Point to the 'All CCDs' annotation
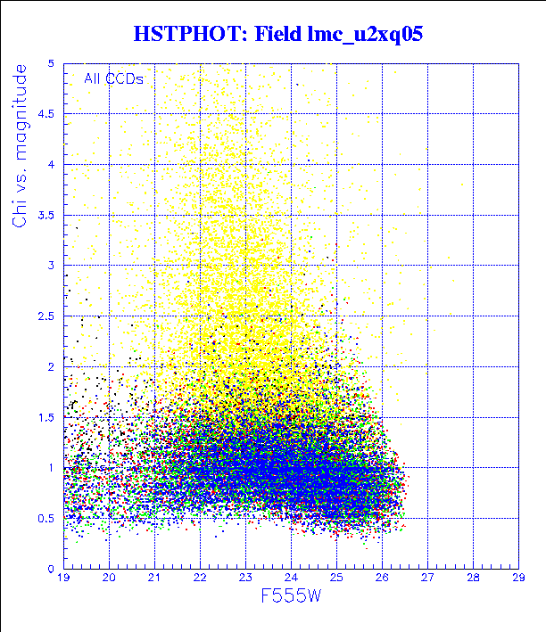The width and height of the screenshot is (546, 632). [x=113, y=78]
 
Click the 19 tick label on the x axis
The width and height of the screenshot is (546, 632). [x=64, y=579]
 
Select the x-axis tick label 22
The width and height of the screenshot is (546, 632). [x=201, y=579]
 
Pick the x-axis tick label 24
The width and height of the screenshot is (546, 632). [x=292, y=579]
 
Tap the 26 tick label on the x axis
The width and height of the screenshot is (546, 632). [x=383, y=579]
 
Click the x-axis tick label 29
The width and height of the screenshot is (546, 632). [x=518, y=579]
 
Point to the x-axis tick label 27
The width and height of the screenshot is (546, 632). [x=428, y=579]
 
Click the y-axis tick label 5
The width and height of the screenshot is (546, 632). [x=52, y=64]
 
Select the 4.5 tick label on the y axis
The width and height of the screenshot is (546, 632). [x=47, y=114]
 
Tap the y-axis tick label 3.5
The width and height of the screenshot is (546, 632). [x=47, y=215]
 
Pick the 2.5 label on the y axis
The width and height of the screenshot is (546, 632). [x=47, y=316]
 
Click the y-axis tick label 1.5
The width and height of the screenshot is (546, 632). [x=47, y=417]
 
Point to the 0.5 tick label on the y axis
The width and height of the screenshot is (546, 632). [x=47, y=518]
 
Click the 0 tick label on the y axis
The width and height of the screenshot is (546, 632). [x=52, y=569]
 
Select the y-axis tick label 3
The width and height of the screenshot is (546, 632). [x=52, y=266]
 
